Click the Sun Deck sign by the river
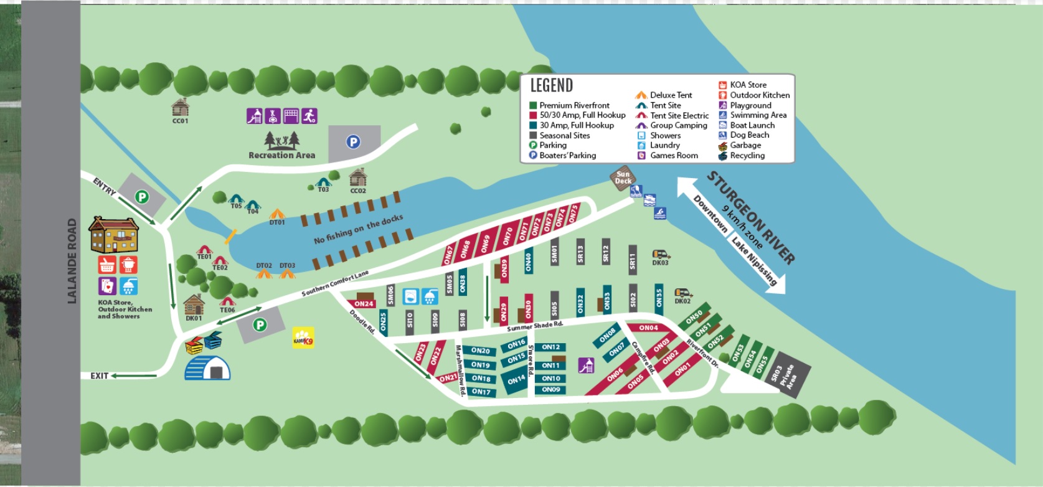pos(623,178)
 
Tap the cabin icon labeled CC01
pos(180,107)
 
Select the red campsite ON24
pos(364,304)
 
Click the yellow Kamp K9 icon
pos(303,338)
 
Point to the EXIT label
pos(100,376)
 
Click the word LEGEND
pos(551,85)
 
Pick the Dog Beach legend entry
pos(749,135)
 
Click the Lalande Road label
pos(72,261)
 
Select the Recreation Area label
pos(281,155)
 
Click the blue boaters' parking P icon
pos(354,142)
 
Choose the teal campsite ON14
pos(516,381)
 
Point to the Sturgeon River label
pos(751,217)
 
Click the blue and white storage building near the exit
pos(208,368)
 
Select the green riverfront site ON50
pos(694,318)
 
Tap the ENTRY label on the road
pos(104,186)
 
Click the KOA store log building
pos(113,235)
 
